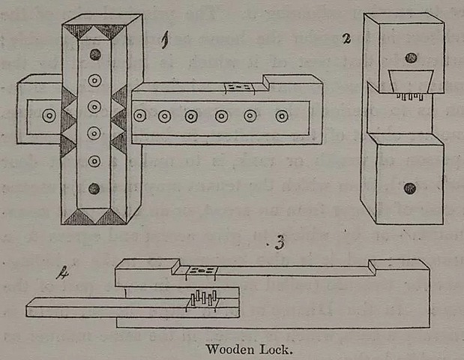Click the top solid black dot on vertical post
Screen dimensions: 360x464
pos(94,55)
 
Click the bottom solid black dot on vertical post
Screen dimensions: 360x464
pos(94,188)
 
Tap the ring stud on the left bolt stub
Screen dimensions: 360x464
pos(49,116)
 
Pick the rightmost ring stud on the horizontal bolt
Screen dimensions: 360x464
pos(282,116)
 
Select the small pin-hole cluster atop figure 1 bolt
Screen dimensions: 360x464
pos(238,88)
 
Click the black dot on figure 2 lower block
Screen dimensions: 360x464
pos(409,187)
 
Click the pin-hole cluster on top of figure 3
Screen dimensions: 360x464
pos(201,269)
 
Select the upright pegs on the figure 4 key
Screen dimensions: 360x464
pos(202,299)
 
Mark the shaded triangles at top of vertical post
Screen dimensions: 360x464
pos(94,32)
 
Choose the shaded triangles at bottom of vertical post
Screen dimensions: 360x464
pos(94,217)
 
